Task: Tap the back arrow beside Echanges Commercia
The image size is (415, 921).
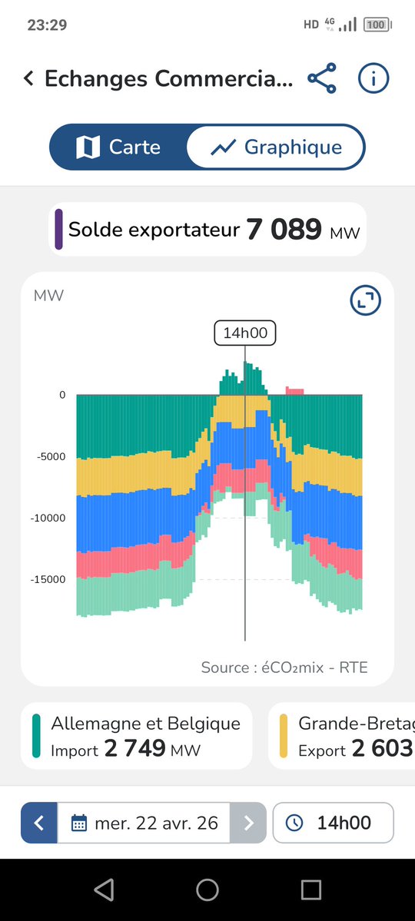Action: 28,78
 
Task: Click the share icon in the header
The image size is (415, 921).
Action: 322,78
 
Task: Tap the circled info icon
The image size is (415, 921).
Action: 373,78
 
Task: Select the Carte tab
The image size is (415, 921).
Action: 118,147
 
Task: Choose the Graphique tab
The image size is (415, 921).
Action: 277,147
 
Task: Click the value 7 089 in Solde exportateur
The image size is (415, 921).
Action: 284,230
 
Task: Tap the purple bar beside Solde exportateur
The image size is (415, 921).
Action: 59,229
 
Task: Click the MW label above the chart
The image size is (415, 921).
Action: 48,296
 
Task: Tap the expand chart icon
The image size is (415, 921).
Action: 365,300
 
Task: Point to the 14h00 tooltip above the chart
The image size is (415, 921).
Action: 244,333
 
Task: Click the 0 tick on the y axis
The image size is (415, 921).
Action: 61,395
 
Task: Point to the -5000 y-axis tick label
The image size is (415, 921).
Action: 51,456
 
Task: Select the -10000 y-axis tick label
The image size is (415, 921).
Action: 49,518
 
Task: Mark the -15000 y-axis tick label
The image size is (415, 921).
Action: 49,579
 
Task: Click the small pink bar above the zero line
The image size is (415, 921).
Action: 294,391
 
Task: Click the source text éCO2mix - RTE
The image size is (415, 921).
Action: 284,668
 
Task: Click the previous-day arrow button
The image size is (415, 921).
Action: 39,823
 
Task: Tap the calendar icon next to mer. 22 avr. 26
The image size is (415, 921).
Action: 79,823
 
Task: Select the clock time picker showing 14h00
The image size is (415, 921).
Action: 333,823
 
